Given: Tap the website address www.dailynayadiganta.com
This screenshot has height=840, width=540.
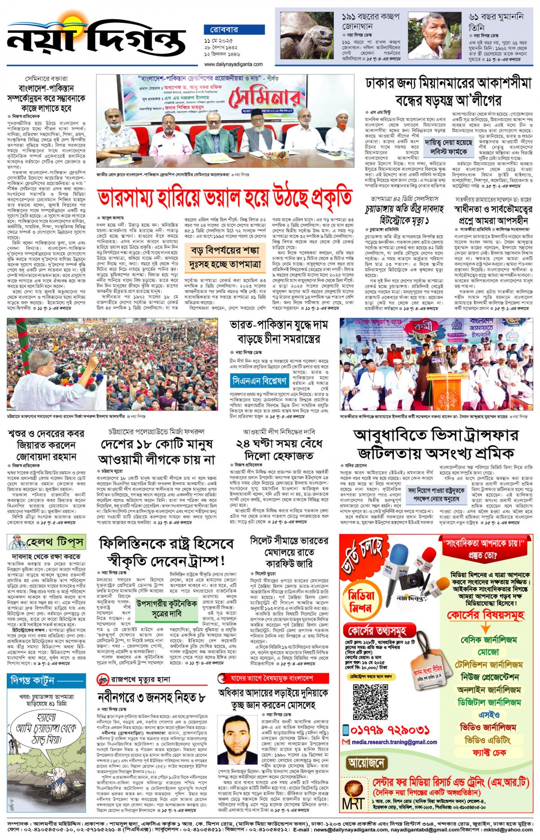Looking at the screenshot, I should point(233,64).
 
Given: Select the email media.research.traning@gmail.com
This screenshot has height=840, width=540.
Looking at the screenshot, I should point(394,742).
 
